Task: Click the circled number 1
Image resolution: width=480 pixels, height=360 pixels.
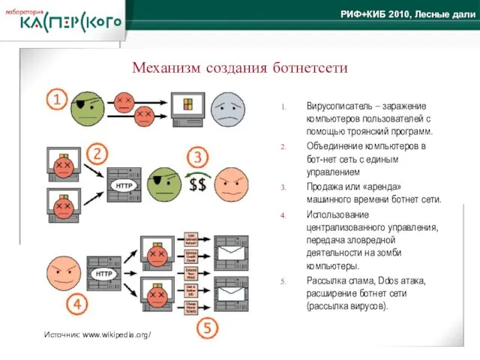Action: [58, 98]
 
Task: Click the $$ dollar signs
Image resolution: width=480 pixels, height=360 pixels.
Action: [198, 185]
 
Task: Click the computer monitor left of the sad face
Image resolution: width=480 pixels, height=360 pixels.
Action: [188, 109]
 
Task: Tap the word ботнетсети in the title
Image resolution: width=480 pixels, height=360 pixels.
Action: [309, 68]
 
